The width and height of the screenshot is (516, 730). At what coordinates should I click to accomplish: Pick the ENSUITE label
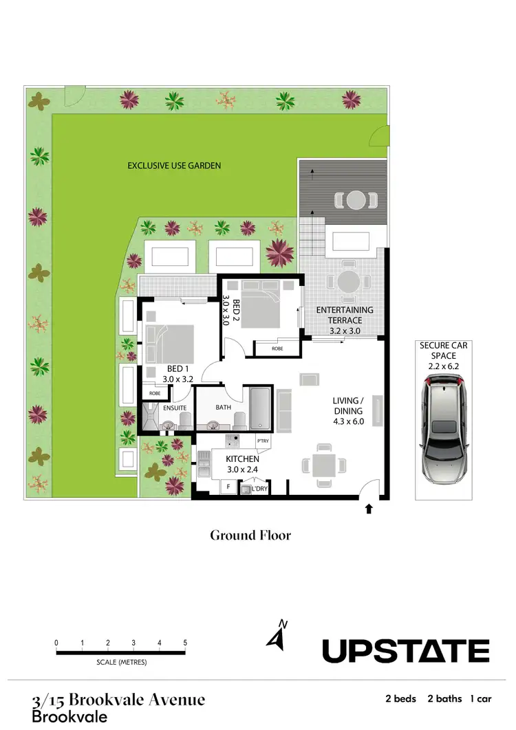click(175, 408)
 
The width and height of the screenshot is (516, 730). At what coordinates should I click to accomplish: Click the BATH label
click(223, 407)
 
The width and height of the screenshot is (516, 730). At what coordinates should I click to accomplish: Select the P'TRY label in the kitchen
click(262, 441)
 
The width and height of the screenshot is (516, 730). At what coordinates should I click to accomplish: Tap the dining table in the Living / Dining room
click(323, 465)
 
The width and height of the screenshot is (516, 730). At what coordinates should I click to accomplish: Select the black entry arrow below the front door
click(369, 509)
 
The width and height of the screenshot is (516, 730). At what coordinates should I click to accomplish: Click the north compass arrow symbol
click(277, 635)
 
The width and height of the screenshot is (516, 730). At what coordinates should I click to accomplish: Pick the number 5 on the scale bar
click(185, 643)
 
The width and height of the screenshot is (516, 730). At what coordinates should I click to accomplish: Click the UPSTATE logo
click(406, 650)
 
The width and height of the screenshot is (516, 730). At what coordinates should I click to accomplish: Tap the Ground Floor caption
click(250, 535)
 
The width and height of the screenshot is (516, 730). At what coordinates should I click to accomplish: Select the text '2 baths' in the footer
click(444, 699)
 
